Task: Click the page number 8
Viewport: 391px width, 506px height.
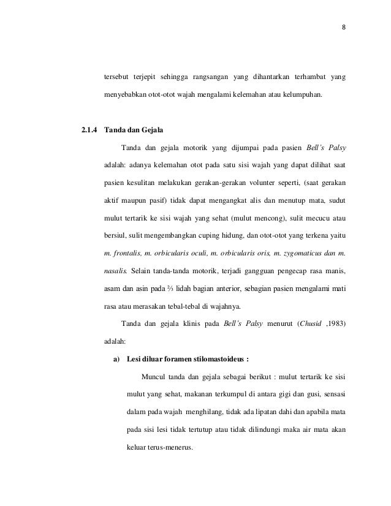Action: coord(344,26)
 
